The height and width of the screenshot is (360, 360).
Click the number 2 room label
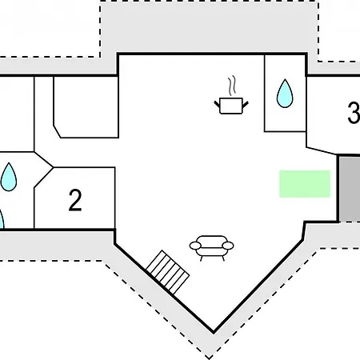75,200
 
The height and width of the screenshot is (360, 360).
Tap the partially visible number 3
354,113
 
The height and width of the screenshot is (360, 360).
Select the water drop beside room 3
285,94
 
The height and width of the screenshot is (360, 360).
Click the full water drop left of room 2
9,177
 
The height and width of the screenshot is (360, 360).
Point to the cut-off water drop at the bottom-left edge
2,220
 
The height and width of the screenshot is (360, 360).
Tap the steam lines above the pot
232,85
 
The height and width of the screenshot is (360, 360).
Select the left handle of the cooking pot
217,104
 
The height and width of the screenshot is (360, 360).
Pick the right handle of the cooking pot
246,104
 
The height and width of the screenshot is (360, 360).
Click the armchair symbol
211,248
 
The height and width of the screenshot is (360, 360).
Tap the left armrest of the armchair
195,246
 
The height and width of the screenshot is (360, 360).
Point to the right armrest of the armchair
228,246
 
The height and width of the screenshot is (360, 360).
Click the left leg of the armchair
201,258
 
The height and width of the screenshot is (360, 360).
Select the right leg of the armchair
223,258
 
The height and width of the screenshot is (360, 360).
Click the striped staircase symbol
168,272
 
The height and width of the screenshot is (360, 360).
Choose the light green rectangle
305,184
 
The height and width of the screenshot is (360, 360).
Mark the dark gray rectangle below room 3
350,189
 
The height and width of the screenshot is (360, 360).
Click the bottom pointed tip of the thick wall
214,333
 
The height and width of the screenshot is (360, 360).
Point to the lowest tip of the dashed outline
210,358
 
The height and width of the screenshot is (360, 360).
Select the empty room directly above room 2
86,106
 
